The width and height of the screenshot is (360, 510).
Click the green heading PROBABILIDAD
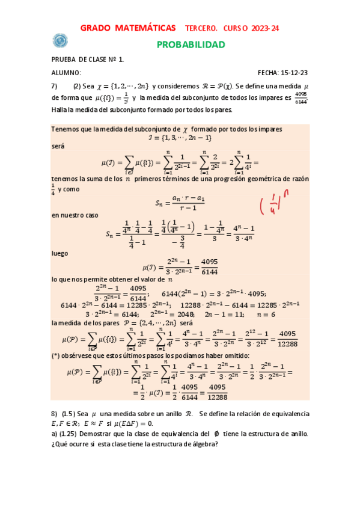(191, 45)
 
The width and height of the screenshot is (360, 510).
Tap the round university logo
(60, 40)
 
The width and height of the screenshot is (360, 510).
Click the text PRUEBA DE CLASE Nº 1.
(88, 60)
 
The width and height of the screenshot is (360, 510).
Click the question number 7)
(55, 85)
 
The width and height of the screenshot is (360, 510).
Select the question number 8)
(55, 414)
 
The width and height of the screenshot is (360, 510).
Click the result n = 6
(266, 314)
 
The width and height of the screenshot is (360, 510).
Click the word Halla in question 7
(59, 109)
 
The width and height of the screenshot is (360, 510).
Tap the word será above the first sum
(58, 146)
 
